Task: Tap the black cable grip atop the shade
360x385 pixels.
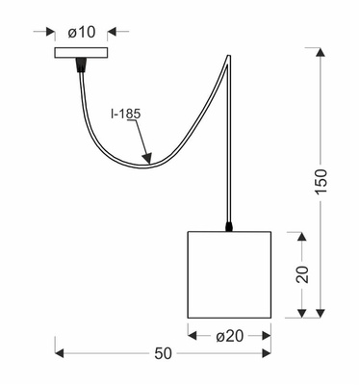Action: [229, 227]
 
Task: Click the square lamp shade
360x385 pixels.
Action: [229, 274]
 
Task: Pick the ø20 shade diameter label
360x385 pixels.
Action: [229, 335]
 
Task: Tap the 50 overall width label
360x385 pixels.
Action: [163, 354]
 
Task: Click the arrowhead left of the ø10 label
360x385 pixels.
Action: [51, 31]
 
